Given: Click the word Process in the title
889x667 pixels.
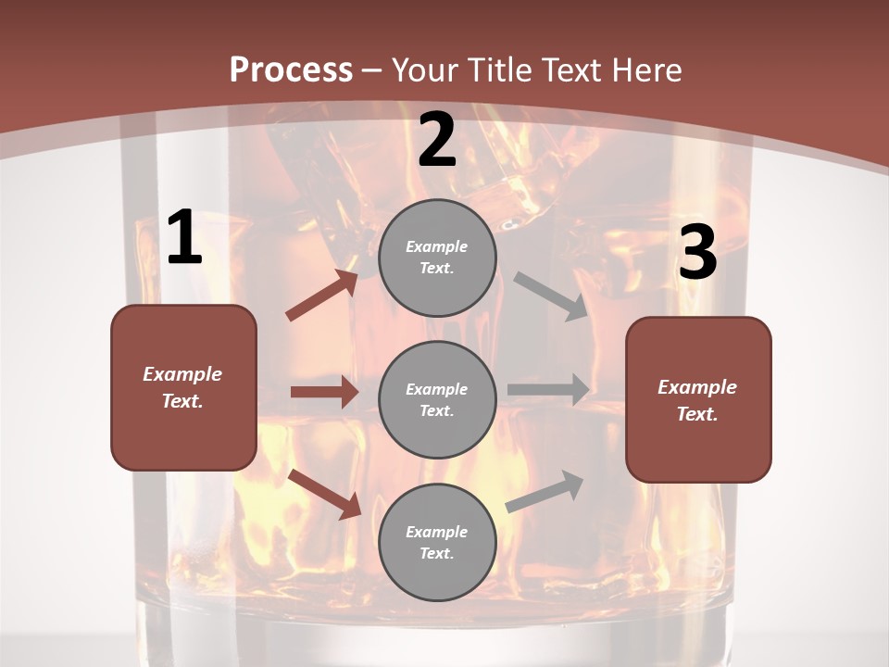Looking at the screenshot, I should tap(291, 69).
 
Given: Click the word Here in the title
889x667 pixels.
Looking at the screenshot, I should tap(645, 69).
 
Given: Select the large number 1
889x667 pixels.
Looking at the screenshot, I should tap(184, 238).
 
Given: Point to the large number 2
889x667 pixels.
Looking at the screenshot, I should tap(437, 140).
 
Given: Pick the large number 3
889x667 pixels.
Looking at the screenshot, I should tap(697, 253).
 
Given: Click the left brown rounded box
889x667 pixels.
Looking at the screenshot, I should tap(183, 387).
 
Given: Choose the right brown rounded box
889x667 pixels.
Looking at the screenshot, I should tap(698, 400).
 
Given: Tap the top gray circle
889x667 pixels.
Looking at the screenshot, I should tap(437, 258).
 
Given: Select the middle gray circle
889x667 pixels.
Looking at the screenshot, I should tap(437, 400).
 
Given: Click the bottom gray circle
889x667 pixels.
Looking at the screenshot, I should tap(437, 543).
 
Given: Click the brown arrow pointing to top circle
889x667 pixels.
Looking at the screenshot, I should tap(322, 295).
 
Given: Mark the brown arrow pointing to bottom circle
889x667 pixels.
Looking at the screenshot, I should tap(325, 494).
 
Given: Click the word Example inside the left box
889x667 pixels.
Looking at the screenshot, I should tap(182, 374).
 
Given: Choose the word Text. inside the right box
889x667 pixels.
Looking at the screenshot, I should tap(697, 414).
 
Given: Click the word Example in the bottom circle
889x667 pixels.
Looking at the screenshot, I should tap(437, 532).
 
